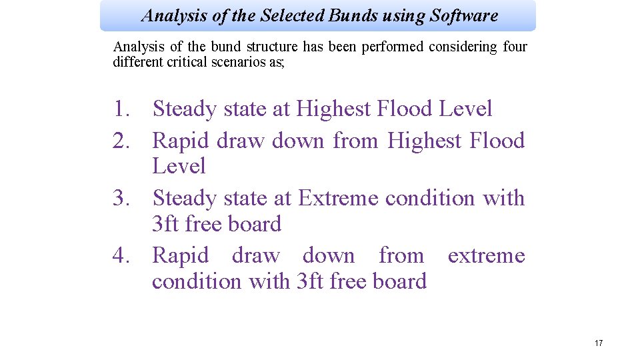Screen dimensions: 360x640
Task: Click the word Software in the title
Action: tap(464, 15)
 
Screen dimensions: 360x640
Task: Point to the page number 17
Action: tap(598, 343)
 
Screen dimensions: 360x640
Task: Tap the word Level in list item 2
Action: tap(179, 166)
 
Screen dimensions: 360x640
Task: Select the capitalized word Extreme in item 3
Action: tap(338, 198)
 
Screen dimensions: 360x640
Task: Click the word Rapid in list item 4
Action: tap(181, 255)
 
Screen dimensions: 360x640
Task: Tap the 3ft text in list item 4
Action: tap(311, 281)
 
